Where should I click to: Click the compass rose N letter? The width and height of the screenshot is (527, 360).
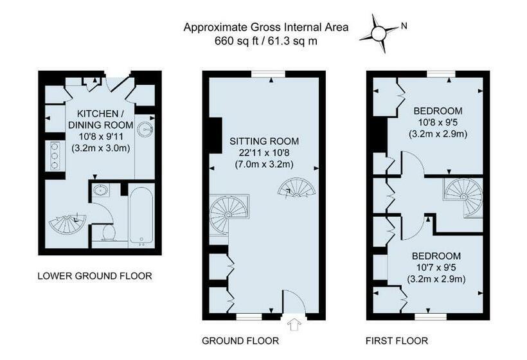pos(404,26)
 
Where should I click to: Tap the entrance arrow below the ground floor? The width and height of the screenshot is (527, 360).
pos(294,324)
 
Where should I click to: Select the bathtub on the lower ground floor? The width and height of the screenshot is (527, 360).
pos(141,215)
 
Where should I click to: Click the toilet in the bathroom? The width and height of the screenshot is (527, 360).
pos(109,233)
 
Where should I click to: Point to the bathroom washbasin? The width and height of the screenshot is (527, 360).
pos(100,190)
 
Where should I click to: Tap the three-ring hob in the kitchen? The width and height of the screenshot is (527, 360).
pos(54,156)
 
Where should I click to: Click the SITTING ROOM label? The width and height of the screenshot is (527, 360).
pos(264,141)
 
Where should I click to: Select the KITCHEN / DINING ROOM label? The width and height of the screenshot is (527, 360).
pos(100,119)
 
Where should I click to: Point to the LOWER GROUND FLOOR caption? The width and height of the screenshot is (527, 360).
pos(94,276)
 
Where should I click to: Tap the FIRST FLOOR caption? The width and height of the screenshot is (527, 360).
pos(397,341)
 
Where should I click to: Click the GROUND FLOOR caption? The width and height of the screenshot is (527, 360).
pos(240,341)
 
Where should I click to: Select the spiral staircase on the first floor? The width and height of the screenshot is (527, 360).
pos(463,197)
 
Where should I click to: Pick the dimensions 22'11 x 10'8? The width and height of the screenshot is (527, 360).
pos(264,153)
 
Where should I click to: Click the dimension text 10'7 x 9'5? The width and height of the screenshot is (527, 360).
pos(436,267)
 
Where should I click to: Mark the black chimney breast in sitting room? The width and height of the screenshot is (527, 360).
pos(216,136)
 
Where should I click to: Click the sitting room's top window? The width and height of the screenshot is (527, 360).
pos(268,74)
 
